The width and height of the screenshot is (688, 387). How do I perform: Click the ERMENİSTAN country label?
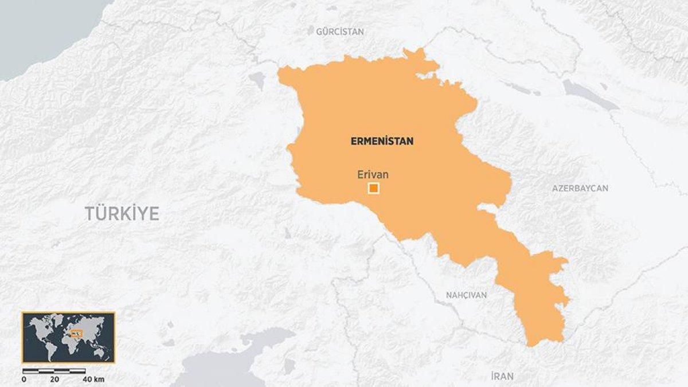coord(382,141)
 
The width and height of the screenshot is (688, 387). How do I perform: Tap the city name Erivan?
coord(373,175)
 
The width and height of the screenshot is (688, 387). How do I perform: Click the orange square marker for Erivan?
coord(374,188)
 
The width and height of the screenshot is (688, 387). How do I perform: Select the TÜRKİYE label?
coord(122,213)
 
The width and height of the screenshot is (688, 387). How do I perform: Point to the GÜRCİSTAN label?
coord(340,32)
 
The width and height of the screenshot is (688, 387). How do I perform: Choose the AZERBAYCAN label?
coord(580,188)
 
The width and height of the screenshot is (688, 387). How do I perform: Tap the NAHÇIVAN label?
coord(466,295)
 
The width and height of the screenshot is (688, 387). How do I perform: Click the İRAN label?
coord(502,376)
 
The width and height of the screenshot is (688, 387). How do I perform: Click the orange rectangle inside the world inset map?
coord(76,333)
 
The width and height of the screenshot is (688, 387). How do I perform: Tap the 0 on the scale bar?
coord(24,380)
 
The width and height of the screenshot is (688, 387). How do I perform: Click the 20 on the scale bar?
coord(55,380)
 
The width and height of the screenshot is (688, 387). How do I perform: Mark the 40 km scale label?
coord(93,380)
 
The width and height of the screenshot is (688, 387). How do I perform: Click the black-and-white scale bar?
coord(54,372)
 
